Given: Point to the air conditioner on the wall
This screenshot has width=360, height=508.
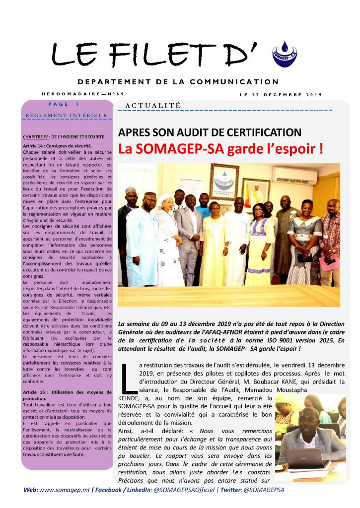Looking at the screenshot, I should [x=294, y=175].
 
